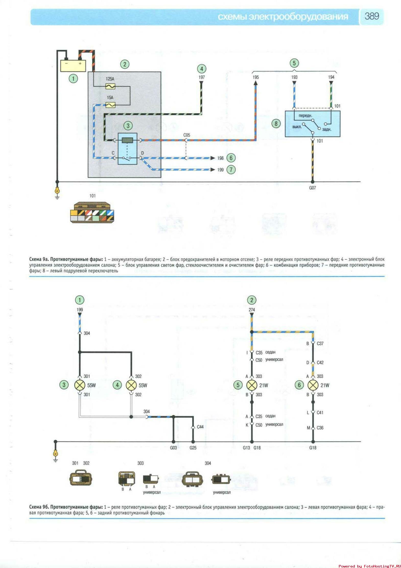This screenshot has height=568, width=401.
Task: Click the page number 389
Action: point(371,16)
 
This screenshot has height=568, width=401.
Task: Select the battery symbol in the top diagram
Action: point(73,66)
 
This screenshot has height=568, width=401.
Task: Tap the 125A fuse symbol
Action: point(110,86)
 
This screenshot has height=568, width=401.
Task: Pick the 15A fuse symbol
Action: point(110,105)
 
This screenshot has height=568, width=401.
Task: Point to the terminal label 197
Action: point(202,77)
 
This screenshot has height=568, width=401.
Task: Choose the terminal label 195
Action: point(255,77)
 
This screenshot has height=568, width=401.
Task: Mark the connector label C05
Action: point(187,135)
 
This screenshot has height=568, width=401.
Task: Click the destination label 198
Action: point(220,158)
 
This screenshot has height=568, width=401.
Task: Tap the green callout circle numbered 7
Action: point(231,169)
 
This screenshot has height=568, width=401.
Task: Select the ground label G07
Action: point(312,188)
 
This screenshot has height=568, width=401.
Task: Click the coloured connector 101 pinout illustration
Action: point(92,213)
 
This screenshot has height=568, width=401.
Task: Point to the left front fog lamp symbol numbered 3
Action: point(79,385)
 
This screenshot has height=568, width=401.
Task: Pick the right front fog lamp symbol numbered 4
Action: point(131,385)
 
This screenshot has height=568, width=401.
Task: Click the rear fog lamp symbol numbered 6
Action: point(313,385)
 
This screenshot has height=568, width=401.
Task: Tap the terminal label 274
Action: point(252,310)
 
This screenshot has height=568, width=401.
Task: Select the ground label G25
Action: point(193,448)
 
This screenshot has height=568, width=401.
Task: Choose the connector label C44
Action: point(200,427)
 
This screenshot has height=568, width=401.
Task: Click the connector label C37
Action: point(320,344)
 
